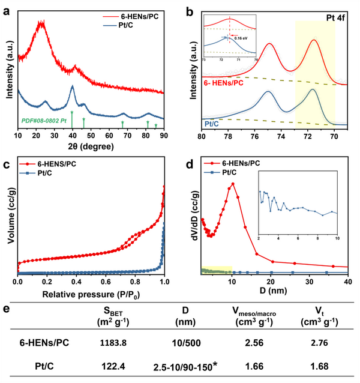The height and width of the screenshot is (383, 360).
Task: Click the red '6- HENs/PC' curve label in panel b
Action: [224, 81]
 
